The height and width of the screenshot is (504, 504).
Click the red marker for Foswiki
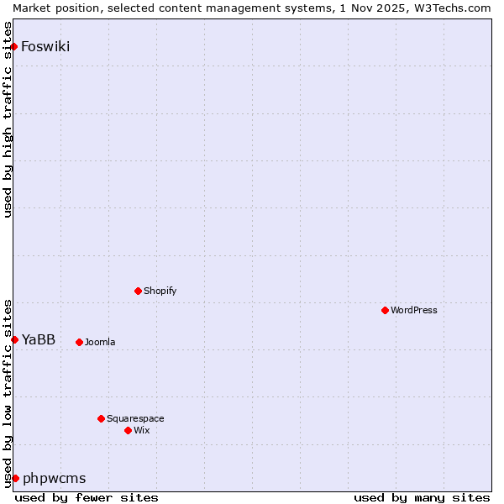[14, 46]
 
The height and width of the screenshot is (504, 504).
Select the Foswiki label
[45, 46]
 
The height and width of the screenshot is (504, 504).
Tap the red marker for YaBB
[14, 339]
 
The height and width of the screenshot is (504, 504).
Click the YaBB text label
[39, 339]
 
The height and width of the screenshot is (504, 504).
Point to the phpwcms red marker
[15, 478]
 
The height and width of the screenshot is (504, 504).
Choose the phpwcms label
[55, 478]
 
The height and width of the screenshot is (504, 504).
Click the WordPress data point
[385, 310]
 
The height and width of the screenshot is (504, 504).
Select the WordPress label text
[414, 310]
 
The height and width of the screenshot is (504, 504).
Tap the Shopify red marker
[138, 291]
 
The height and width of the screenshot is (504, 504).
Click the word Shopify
[160, 291]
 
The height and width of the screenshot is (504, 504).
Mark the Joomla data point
[79, 342]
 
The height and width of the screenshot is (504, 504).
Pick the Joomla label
[100, 342]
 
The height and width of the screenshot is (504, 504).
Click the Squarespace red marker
[101, 418]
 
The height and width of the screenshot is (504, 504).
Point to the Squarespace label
[135, 418]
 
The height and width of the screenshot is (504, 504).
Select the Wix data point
[128, 430]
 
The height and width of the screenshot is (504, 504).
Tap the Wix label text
[142, 430]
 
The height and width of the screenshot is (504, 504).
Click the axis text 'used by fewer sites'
[87, 497]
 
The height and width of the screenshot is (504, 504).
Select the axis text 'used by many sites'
[422, 497]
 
